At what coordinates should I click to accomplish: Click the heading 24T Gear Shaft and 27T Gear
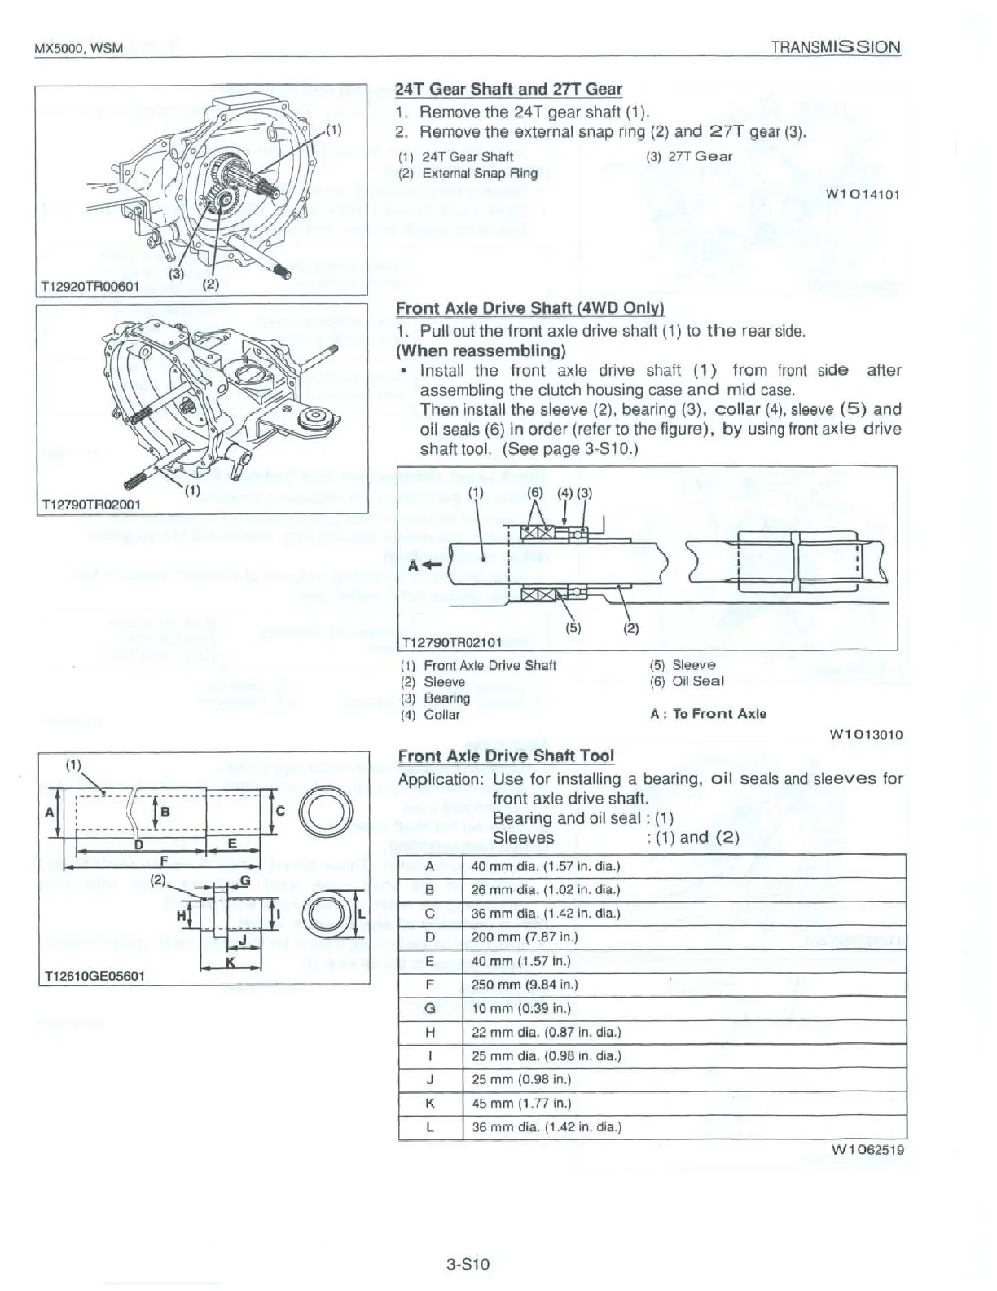508,90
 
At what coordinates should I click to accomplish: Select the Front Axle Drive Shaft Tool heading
505,756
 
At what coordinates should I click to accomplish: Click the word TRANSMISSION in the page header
836,46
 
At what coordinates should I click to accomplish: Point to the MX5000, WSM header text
78,48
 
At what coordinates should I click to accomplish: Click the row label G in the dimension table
429,1009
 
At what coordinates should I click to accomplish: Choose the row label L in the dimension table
429,1128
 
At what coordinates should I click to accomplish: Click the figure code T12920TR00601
90,286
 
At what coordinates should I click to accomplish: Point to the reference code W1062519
866,1150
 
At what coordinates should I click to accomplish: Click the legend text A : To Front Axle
708,714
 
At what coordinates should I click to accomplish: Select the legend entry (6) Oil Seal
687,681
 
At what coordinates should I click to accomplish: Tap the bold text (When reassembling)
481,351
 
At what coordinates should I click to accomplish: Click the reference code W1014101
862,195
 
